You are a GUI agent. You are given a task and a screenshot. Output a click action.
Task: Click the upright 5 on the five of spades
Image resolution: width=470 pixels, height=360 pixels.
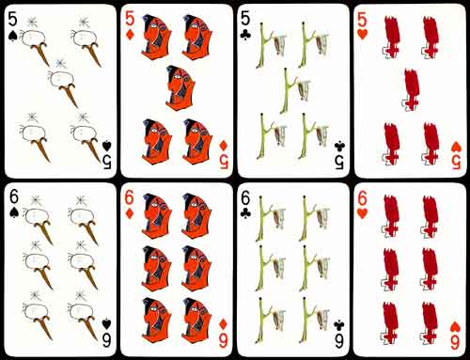click(x=12, y=19)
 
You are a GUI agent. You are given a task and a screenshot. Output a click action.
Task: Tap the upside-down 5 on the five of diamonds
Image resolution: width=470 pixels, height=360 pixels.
click(x=224, y=161)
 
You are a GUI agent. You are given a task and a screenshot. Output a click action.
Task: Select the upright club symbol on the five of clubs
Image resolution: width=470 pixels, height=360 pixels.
click(x=245, y=36)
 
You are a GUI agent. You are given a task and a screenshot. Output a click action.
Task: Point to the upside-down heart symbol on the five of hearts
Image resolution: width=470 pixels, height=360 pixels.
click(x=456, y=147)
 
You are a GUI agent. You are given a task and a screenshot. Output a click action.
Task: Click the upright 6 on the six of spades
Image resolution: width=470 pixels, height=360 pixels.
click(x=14, y=197)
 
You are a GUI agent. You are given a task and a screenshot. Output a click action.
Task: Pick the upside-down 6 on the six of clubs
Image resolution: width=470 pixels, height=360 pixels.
click(x=339, y=340)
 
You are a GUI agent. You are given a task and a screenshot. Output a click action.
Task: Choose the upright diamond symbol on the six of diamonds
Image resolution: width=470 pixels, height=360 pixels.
click(x=130, y=213)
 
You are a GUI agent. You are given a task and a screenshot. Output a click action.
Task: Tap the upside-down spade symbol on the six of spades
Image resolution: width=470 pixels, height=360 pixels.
click(x=106, y=324)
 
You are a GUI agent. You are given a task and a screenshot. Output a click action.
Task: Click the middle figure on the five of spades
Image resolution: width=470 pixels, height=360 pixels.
click(x=62, y=83)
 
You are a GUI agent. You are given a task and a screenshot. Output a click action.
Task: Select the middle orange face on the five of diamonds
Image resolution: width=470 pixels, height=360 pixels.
click(x=180, y=87)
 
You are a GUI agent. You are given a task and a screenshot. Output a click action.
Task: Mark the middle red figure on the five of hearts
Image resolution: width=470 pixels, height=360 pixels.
click(x=412, y=90)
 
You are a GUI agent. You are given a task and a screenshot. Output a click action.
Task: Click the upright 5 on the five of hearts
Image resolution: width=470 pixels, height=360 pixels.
click(x=362, y=21)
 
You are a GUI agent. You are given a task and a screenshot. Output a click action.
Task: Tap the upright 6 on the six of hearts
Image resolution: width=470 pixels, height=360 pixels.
click(x=362, y=198)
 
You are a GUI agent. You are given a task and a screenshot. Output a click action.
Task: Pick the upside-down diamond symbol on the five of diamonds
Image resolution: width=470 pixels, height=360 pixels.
click(x=224, y=146)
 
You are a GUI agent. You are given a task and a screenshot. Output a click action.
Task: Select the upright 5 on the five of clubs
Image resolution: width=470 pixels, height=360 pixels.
click(x=245, y=19)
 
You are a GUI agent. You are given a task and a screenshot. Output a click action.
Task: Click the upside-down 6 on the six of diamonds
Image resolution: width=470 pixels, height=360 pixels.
click(x=223, y=340)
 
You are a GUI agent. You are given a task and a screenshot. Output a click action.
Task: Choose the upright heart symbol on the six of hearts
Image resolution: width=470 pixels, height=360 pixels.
click(x=363, y=213)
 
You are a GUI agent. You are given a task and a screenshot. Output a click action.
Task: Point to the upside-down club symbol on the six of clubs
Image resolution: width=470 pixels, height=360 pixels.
click(x=339, y=324)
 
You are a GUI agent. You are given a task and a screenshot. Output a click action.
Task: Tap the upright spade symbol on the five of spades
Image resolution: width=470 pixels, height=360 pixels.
click(x=12, y=36)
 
